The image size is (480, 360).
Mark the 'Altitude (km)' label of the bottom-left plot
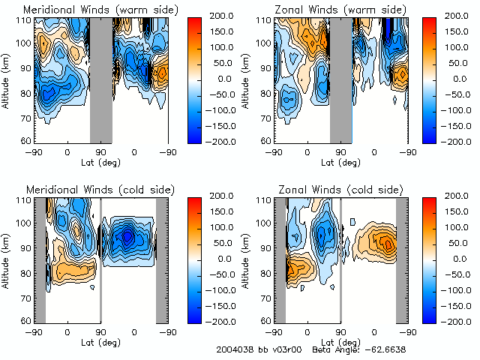tap(6, 259)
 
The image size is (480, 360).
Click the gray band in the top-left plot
tap(100, 79)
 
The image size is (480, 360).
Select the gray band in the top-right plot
tap(340, 79)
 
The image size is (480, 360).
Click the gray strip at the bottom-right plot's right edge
tap(402, 259)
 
